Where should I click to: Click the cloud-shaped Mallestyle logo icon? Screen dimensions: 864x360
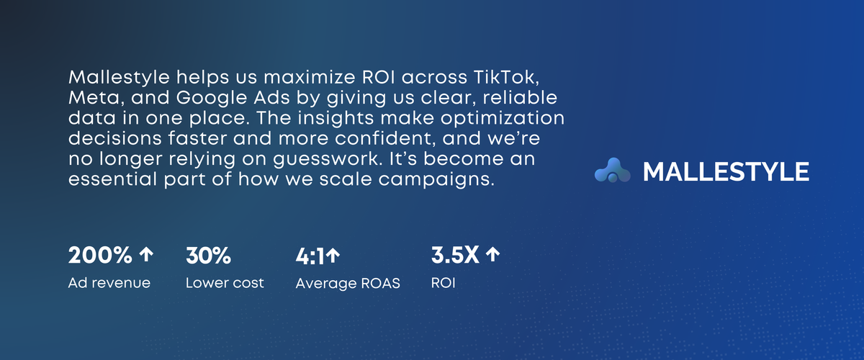pos(612,170)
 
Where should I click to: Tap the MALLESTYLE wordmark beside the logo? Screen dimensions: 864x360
pos(726,171)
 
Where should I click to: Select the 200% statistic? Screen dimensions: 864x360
pos(100,255)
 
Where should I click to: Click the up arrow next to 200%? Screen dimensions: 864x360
pos(146,255)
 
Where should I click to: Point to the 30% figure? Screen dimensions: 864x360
pos(208,256)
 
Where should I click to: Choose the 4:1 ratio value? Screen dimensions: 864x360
pos(310,256)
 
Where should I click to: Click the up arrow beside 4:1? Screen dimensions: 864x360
pos(333,256)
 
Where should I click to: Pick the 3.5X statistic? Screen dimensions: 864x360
pos(455,255)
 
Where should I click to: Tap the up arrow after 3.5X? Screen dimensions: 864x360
pos(492,255)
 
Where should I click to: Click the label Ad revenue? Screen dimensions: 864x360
pos(109,283)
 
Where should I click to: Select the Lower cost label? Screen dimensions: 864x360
pos(225,283)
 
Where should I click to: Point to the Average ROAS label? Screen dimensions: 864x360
pos(348,283)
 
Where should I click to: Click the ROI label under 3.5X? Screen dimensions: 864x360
pos(444,283)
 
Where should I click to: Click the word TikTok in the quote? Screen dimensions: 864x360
pos(505,78)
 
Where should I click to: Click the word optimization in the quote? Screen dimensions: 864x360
pos(503,119)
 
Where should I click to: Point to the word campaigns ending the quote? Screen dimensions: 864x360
pos(436,180)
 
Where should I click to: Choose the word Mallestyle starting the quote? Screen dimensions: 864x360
pos(120,78)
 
